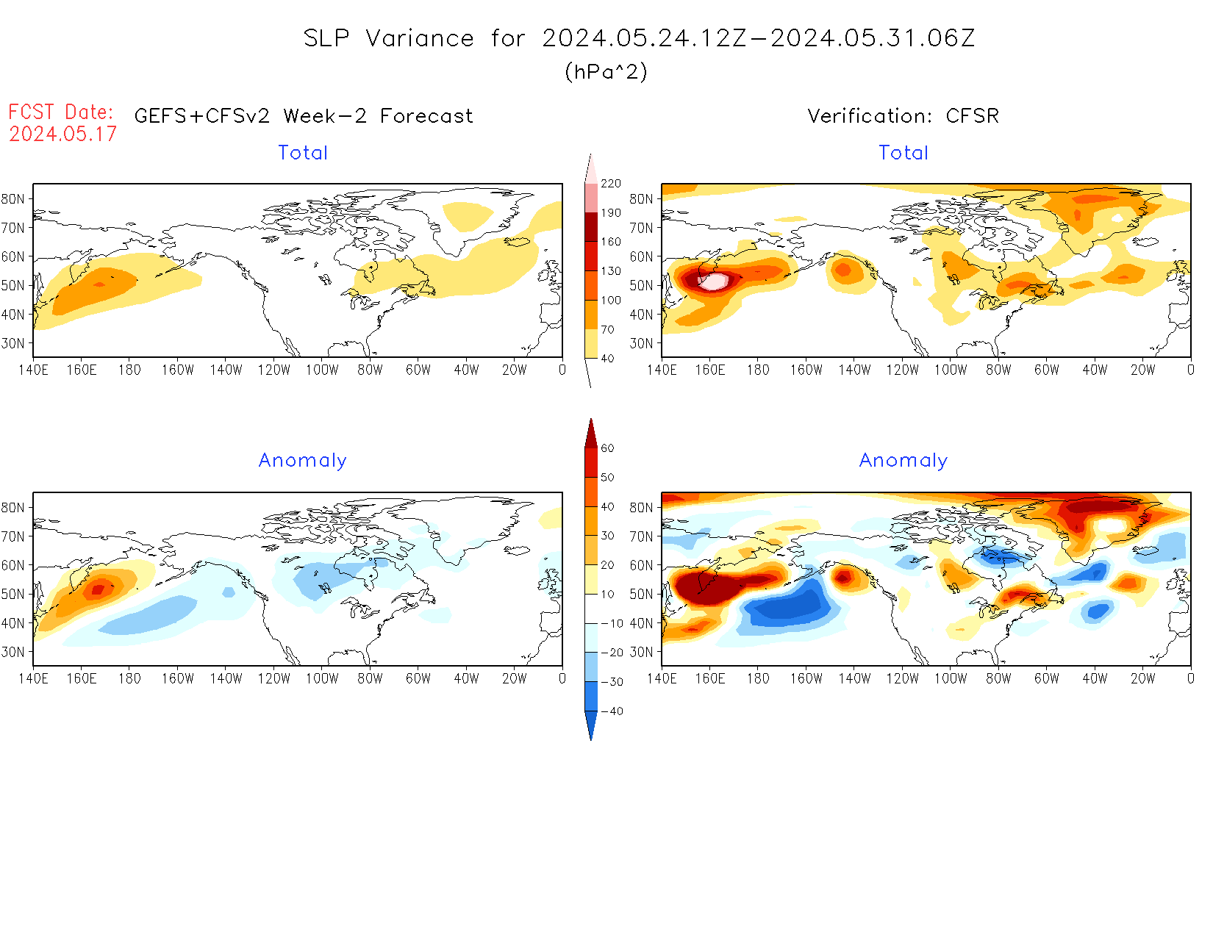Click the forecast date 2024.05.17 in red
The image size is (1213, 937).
[x=62, y=134]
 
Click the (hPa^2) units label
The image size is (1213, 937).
[x=606, y=72]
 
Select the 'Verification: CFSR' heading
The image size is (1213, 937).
[x=903, y=116]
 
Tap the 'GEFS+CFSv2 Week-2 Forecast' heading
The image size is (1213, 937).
[x=304, y=116]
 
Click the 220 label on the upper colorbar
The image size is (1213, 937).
[x=611, y=184]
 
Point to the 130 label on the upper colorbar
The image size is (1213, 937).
[x=611, y=271]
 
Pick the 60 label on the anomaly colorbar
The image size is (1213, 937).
[x=607, y=448]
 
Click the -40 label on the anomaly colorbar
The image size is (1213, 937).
[x=612, y=711]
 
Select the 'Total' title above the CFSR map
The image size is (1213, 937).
[x=904, y=153]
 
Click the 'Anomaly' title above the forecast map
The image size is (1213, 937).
[x=302, y=461]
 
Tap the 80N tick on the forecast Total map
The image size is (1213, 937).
[x=12, y=199]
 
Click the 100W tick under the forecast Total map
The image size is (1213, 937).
[x=322, y=370]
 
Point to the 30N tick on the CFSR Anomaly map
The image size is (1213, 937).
[x=641, y=652]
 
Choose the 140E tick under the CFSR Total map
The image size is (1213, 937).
[x=662, y=370]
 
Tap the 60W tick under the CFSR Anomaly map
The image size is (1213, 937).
[x=1046, y=679]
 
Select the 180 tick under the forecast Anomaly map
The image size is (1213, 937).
[x=129, y=679]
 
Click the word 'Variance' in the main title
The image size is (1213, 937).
[x=420, y=38]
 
